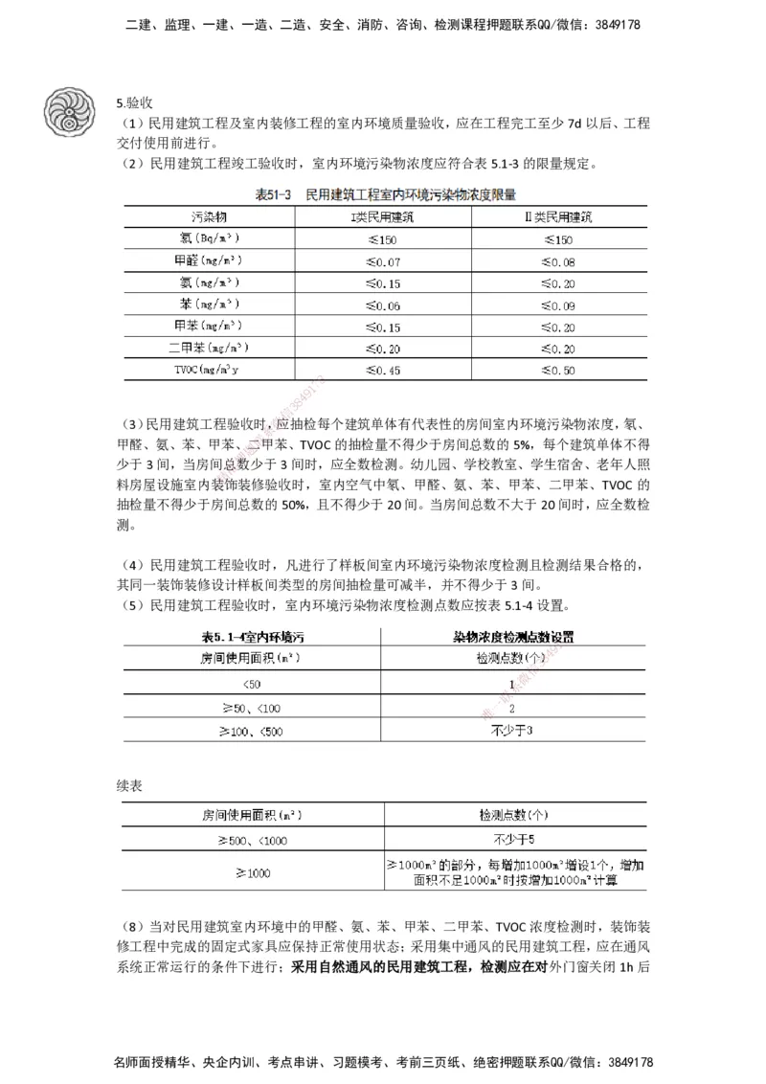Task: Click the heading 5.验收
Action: tap(135, 102)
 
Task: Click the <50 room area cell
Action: tap(251, 684)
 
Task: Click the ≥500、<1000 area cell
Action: tap(251, 839)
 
